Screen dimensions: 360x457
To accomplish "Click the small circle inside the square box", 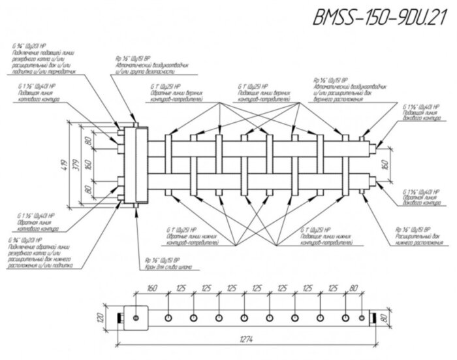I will tap(135, 318).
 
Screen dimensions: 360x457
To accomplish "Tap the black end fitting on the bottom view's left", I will tap(120, 318).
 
